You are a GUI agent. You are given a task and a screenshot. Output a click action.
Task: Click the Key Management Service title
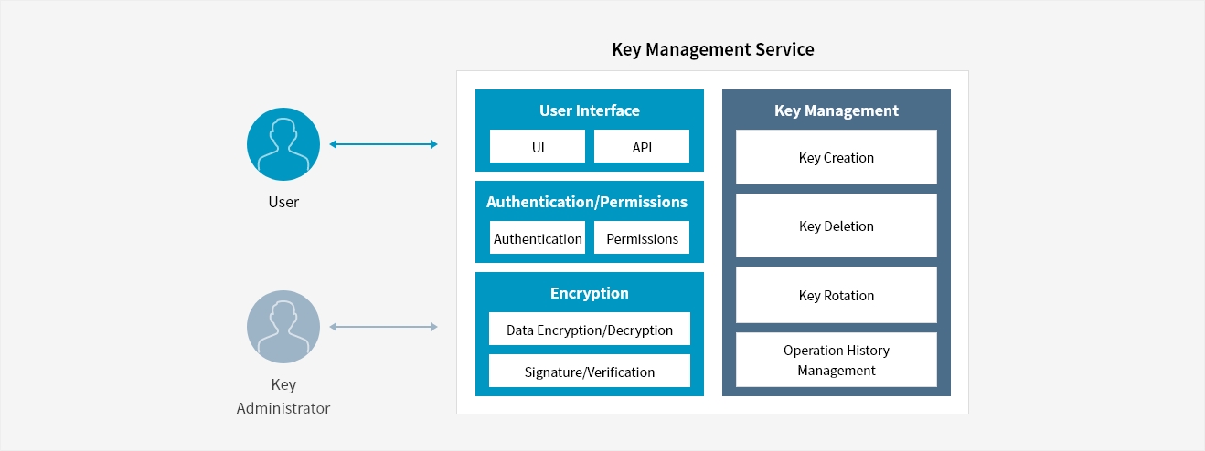(x=713, y=49)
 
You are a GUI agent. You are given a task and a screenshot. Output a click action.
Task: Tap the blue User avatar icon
(x=283, y=144)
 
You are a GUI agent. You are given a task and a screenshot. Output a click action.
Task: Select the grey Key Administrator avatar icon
(x=283, y=327)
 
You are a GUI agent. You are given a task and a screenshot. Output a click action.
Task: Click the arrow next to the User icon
(x=384, y=144)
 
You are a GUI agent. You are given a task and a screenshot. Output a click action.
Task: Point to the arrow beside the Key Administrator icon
(x=384, y=327)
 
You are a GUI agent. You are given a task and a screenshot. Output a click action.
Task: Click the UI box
(x=538, y=146)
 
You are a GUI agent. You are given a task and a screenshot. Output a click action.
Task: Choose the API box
(x=642, y=146)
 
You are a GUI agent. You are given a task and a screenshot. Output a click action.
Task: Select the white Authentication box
(x=538, y=237)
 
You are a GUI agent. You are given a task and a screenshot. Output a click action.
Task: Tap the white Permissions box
(x=642, y=237)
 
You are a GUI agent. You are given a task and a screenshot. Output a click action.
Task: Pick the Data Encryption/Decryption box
(x=590, y=329)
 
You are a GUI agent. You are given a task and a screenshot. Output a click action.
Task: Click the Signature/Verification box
(x=590, y=371)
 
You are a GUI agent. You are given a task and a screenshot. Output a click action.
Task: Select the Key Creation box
(x=837, y=157)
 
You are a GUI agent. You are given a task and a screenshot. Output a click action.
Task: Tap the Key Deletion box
(x=837, y=225)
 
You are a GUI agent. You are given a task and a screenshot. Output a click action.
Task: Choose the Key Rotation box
(x=837, y=295)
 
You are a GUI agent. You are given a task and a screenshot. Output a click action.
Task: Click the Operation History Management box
(x=837, y=360)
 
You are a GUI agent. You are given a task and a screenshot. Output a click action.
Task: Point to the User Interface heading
(x=590, y=110)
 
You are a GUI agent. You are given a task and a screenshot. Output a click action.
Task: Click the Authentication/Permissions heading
(x=587, y=202)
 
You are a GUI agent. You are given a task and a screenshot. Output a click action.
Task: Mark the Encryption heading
(x=590, y=293)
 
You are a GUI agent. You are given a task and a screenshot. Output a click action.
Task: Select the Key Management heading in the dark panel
(x=837, y=110)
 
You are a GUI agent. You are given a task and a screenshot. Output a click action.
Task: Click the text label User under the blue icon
(x=283, y=202)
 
